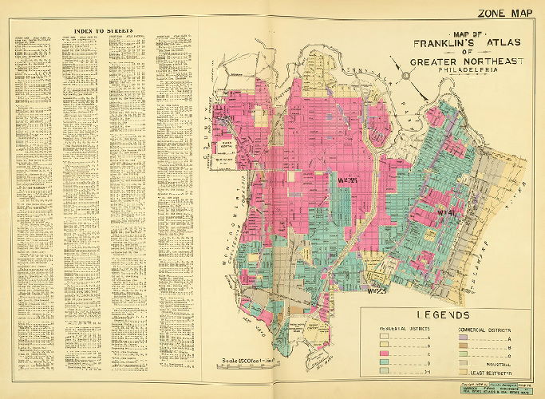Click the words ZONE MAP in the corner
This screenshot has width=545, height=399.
point(505,12)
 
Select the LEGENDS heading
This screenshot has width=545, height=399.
point(443,314)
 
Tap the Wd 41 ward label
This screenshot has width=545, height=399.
point(445,213)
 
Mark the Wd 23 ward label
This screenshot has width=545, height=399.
point(376,290)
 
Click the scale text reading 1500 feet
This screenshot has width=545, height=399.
point(240,354)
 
